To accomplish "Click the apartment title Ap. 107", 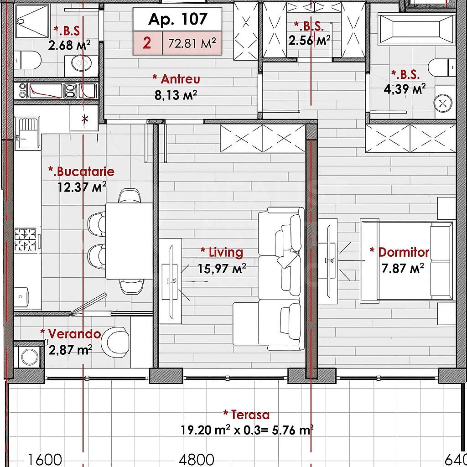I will pos(178,19).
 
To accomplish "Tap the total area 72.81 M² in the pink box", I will pos(192,44).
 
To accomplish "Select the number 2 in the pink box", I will pos(147,43).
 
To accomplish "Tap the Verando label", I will pos(70,334).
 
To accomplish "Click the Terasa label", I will pos(247,415).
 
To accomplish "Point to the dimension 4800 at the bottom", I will pos(196,459).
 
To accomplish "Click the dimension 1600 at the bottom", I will pos(46,459).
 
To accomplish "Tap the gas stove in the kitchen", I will pos(25,240).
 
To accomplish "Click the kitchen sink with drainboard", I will pos(27,132).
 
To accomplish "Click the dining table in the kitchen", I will pos(129,240).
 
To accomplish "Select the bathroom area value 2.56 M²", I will pos(309,41).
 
